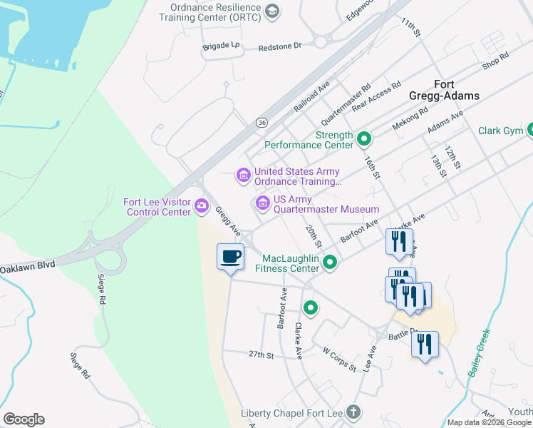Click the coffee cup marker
pyautogui.click(x=229, y=257)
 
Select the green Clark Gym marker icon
pyautogui.click(x=532, y=131)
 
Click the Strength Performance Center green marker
pyautogui.click(x=364, y=138)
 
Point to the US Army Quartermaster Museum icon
pyautogui.click(x=262, y=204)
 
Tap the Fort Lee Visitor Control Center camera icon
pyautogui.click(x=202, y=207)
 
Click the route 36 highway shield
pyautogui.click(x=262, y=123)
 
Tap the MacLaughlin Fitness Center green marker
pyautogui.click(x=329, y=263)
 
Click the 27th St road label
pyautogui.click(x=261, y=355)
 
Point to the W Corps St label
pyautogui.click(x=339, y=359)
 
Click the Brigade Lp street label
pyautogui.click(x=222, y=45)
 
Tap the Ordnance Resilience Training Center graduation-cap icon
pyautogui.click(x=271, y=11)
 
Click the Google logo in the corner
pyautogui.click(x=23, y=419)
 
